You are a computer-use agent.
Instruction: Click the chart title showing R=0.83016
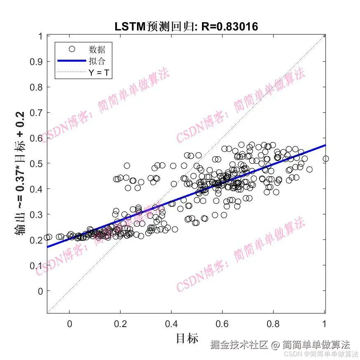pos(186,27)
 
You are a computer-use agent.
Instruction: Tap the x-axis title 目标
pos(187,338)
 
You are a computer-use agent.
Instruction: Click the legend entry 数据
pos(97,49)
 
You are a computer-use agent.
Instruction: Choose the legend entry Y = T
pos(100,73)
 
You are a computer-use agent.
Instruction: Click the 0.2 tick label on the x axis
pos(120,323)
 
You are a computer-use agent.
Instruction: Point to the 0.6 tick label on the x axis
pos(223,323)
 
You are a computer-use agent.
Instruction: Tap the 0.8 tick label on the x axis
pos(274,323)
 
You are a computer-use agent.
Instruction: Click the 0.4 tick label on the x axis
pos(172,323)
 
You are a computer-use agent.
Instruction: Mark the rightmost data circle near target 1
pos(325,158)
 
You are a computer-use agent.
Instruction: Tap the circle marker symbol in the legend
pos(72,49)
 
